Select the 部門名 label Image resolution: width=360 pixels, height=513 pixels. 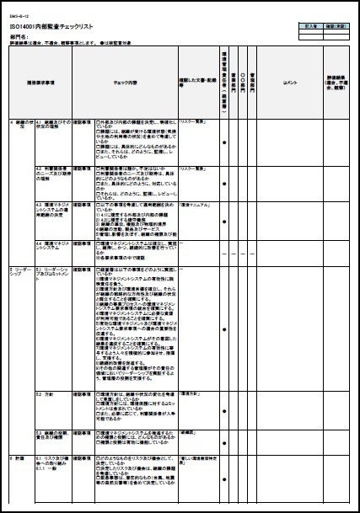(19, 37)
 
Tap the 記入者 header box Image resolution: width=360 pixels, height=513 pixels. (302, 25)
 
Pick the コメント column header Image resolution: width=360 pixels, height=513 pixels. (292, 84)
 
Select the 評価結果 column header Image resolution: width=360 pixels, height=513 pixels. (336, 84)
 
